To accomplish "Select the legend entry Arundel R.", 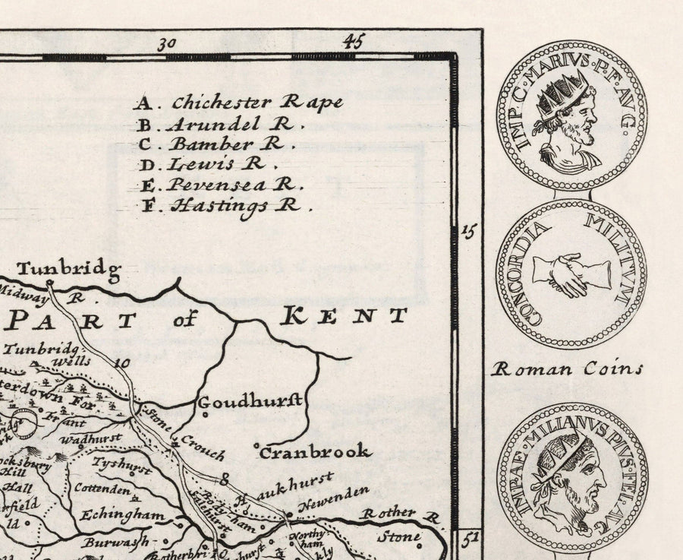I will point(220,123).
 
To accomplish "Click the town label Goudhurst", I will point(250,400).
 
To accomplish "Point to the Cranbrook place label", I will point(315,452).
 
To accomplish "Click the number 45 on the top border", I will point(351,41).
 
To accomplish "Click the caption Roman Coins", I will point(567,369).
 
